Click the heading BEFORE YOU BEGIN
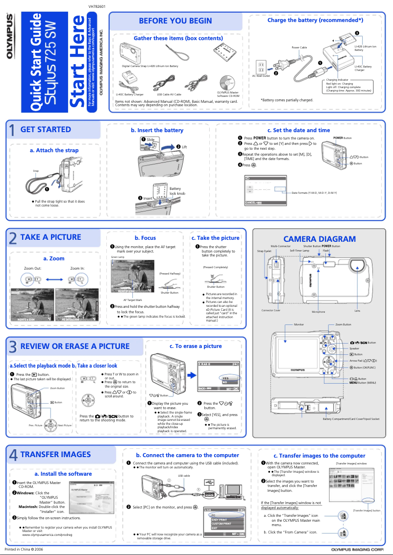[x=175, y=21]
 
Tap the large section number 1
[x=12, y=131]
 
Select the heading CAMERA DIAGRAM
[x=319, y=239]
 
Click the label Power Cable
[x=299, y=47]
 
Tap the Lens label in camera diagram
[x=357, y=311]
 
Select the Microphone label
[x=318, y=312]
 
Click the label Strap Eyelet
[x=264, y=251]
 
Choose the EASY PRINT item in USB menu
[x=219, y=519]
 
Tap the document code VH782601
[x=97, y=6]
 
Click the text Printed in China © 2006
[x=24, y=550]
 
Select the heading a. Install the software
[x=63, y=474]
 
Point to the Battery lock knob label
[x=177, y=191]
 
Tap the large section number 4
[x=13, y=456]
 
